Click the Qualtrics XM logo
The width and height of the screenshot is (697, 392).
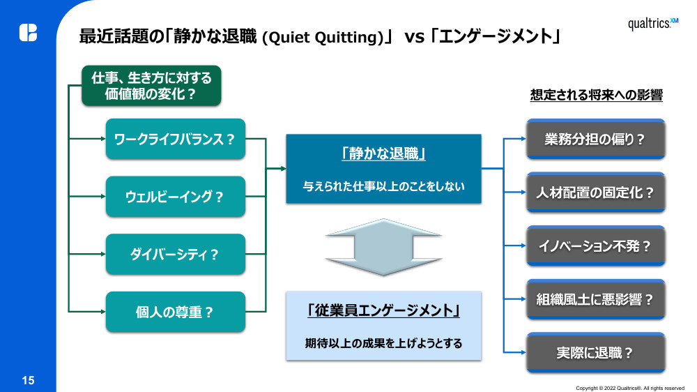[652, 24]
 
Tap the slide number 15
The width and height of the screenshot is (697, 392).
[28, 380]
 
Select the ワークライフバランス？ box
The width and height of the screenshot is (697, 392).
[175, 138]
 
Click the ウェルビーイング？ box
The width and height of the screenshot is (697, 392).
[175, 196]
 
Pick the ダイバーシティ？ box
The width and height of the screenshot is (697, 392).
[175, 254]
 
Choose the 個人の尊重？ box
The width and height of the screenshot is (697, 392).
[175, 312]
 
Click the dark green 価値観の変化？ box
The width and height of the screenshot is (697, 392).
[151, 86]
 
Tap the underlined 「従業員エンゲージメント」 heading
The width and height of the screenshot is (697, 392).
[383, 311]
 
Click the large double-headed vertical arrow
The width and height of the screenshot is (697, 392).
[383, 247]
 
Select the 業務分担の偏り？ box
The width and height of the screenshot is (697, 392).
[595, 139]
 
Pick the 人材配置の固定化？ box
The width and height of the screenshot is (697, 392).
[595, 193]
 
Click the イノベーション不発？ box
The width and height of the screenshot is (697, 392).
[595, 246]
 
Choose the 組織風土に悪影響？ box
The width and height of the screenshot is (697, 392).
[595, 300]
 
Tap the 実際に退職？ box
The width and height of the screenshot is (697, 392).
[595, 353]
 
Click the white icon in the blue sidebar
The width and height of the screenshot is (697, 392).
[28, 32]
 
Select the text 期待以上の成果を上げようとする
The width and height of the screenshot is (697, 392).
[383, 343]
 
